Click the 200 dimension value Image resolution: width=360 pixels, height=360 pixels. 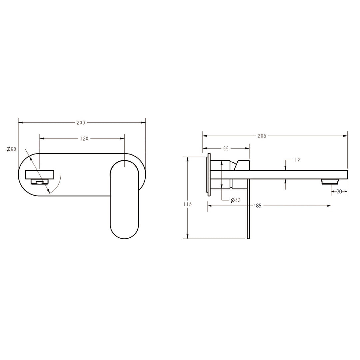[x=81, y=123]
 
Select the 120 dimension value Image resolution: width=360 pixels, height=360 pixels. [x=84, y=139]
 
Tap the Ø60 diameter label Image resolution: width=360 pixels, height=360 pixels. [x=11, y=149]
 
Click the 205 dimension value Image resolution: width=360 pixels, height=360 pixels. [x=262, y=136]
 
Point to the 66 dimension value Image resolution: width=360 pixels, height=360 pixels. [x=226, y=149]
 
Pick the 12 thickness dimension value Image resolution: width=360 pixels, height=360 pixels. [x=297, y=160]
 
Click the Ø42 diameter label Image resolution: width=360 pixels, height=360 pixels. [x=236, y=200]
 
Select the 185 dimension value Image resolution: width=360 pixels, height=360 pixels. [x=257, y=206]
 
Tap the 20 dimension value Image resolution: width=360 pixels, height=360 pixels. [x=339, y=191]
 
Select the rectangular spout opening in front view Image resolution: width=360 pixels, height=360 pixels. [x=40, y=174]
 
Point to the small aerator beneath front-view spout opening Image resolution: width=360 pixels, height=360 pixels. [x=40, y=182]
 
